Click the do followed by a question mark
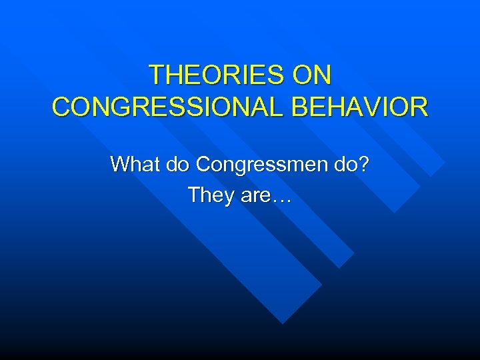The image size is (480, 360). pos(348,163)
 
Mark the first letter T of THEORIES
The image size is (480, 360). pos(157,75)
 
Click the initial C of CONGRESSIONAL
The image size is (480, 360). pos(61,107)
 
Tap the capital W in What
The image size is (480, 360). pos(121,163)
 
